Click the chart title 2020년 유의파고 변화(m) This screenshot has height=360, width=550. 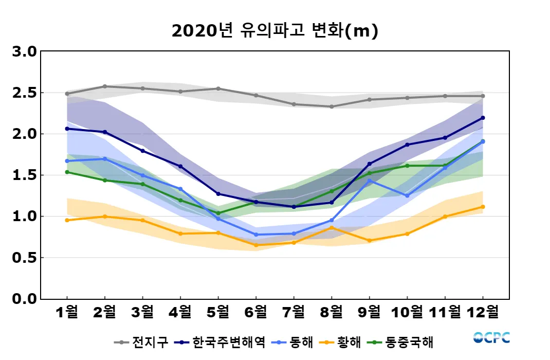274,31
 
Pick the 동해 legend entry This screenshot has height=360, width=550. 294,342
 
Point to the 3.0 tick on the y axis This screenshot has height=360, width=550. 24,52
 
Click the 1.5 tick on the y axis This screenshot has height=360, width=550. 24,175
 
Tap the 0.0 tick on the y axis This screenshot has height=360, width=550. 24,299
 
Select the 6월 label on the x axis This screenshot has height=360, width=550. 256,312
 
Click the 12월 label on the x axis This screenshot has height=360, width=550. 483,312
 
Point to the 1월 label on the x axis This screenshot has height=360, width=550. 67,312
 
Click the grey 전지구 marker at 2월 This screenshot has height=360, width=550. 105,86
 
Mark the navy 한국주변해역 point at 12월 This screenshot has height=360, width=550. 483,118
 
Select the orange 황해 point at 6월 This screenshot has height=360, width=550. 256,245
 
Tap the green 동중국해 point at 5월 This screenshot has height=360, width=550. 218,213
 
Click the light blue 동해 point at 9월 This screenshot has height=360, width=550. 370,181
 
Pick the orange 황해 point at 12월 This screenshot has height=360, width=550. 483,207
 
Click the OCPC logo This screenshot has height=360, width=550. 491,338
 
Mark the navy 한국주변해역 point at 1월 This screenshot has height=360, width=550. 67,129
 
